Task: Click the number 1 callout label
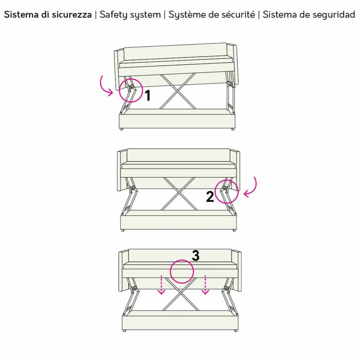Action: pyautogui.click(x=148, y=95)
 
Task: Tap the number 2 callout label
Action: pyautogui.click(x=210, y=197)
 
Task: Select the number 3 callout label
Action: pyautogui.click(x=196, y=256)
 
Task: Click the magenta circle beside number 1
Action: pyautogui.click(x=130, y=90)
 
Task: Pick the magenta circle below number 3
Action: pyautogui.click(x=182, y=271)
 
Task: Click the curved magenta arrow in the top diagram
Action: pyautogui.click(x=105, y=86)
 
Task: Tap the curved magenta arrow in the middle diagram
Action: pyautogui.click(x=252, y=187)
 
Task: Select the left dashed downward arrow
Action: pyautogui.click(x=162, y=285)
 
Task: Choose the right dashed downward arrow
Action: pyautogui.click(x=205, y=285)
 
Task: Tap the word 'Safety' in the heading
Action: pyautogui.click(x=112, y=15)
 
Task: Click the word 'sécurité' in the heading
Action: pyautogui.click(x=238, y=15)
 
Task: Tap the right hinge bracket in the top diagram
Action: pyautogui.click(x=229, y=82)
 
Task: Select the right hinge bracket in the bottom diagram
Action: pyautogui.click(x=229, y=288)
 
